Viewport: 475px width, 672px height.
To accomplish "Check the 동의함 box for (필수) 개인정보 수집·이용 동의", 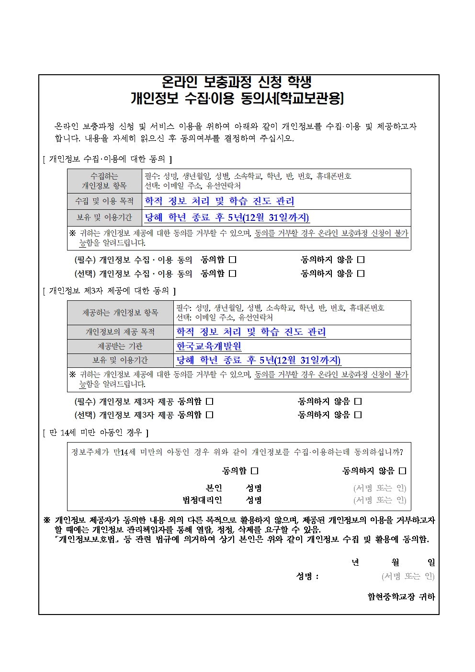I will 233,260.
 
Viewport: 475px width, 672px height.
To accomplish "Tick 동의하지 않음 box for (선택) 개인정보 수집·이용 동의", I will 361,273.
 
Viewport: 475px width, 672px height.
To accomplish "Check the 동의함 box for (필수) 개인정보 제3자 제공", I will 210,401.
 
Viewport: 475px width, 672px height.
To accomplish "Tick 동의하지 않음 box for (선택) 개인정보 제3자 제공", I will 358,415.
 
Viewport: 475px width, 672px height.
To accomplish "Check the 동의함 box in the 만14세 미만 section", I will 255,471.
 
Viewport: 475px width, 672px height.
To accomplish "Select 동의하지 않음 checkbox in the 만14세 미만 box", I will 402,471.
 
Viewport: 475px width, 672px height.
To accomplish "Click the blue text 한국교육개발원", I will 209,346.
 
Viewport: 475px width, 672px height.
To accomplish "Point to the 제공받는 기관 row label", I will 120,346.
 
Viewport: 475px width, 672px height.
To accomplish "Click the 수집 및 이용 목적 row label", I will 104,201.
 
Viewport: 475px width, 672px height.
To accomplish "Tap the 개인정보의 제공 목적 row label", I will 120,332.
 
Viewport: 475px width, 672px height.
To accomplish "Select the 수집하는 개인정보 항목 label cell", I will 104,181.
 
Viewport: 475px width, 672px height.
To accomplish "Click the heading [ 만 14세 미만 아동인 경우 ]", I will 95,433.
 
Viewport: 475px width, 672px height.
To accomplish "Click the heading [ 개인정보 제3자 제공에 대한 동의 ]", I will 109,291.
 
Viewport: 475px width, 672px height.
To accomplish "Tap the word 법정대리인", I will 202,500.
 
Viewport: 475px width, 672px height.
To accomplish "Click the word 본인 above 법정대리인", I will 214,488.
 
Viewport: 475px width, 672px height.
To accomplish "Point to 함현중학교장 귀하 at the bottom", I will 401,597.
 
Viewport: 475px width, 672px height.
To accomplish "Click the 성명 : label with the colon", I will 307,576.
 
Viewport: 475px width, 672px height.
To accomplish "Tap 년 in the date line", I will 355,562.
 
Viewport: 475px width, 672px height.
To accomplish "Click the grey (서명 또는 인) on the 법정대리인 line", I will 380,500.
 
